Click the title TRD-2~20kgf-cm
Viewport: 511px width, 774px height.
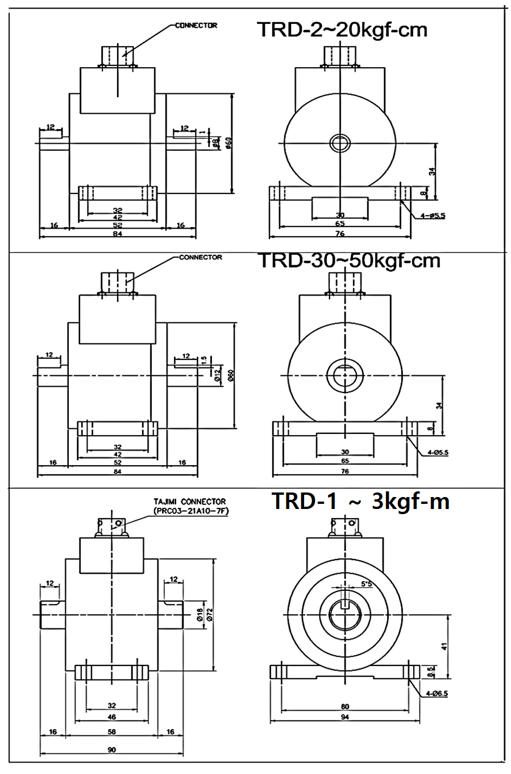coord(342,29)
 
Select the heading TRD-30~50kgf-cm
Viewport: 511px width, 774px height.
coord(349,260)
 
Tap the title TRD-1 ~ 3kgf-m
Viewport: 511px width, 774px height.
coord(360,501)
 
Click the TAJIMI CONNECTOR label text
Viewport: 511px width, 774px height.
coord(189,502)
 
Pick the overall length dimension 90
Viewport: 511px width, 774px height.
coord(111,750)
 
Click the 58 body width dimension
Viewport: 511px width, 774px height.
coord(111,732)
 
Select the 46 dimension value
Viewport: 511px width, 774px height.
coord(111,718)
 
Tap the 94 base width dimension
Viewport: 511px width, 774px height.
coord(345,717)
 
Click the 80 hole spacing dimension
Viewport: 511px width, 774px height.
coord(345,706)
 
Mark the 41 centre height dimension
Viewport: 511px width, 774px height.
coord(444,646)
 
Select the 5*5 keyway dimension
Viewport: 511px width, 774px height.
coord(366,584)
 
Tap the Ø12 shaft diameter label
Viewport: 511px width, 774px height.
coord(218,374)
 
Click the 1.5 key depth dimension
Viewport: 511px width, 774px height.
coord(203,360)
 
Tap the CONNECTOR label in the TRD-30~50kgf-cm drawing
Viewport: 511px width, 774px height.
coord(200,257)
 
